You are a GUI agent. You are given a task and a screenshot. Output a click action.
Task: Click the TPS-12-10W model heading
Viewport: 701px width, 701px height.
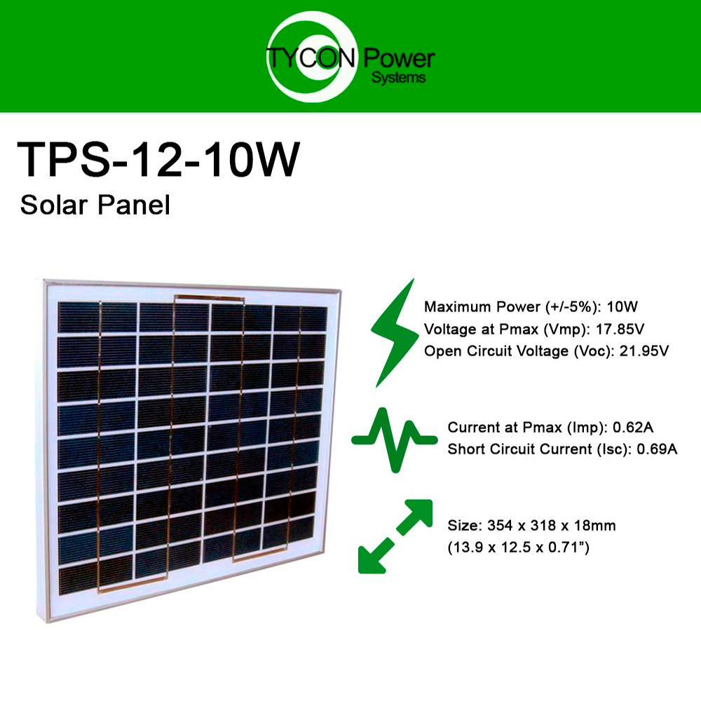point(158,160)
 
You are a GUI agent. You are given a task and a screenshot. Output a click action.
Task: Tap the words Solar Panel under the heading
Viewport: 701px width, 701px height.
point(95,205)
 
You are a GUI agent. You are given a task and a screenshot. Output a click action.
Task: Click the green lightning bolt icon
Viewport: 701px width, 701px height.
point(394,333)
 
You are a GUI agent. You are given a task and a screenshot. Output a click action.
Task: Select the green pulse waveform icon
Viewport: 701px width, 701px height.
point(394,440)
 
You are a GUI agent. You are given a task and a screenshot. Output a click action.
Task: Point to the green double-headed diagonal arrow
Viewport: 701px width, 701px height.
point(395,536)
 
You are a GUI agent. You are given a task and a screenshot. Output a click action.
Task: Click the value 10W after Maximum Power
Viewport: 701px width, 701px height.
point(622,307)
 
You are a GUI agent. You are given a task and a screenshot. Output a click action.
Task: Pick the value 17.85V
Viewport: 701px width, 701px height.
point(620,329)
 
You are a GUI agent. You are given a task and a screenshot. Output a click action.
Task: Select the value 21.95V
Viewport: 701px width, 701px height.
point(644,351)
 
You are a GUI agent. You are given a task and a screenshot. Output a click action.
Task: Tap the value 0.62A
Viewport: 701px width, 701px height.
point(633,428)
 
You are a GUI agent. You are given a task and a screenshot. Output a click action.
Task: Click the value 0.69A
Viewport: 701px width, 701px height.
point(658,449)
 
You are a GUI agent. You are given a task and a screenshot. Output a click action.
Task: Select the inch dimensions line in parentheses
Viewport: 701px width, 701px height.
point(519,547)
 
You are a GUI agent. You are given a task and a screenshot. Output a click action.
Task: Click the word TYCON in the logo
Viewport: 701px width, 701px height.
point(311,58)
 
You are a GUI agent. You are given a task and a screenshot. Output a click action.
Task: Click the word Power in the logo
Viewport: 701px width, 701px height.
point(399,59)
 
